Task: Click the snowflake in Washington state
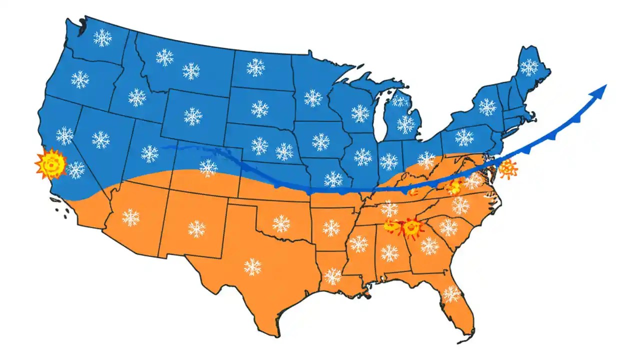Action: [102, 37]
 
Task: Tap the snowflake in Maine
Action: [529, 66]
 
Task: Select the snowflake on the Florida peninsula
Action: [451, 294]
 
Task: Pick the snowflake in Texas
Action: [252, 266]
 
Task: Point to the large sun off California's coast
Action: [50, 163]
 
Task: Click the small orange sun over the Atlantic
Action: [507, 169]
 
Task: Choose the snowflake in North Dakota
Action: [255, 67]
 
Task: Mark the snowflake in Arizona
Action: [131, 217]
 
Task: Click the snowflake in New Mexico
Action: [197, 229]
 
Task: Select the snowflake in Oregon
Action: [80, 79]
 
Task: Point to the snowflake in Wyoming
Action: [192, 116]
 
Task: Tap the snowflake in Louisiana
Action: [332, 275]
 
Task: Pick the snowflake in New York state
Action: [487, 106]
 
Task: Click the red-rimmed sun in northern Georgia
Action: [412, 228]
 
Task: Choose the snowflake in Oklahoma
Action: [281, 223]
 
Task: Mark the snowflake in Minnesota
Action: [313, 98]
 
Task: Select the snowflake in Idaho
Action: [137, 97]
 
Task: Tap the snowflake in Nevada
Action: [100, 139]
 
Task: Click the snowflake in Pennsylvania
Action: [464, 137]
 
